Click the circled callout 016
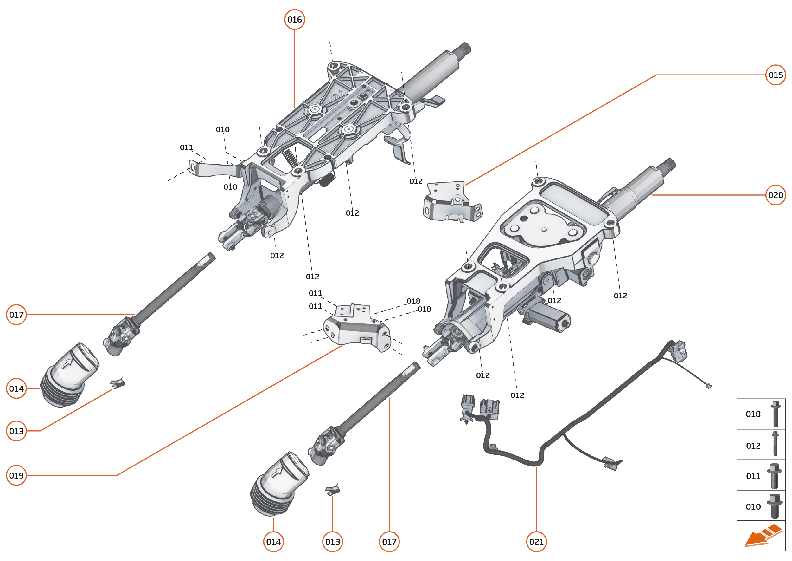(x=294, y=20)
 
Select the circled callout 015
(x=776, y=75)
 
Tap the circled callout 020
(x=776, y=195)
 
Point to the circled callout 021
(x=536, y=542)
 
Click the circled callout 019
(x=16, y=475)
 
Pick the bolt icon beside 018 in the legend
(x=776, y=414)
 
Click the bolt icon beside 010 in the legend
(x=775, y=506)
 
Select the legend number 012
(x=753, y=446)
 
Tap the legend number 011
(x=753, y=476)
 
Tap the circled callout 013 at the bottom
(x=332, y=542)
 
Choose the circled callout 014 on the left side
(x=16, y=388)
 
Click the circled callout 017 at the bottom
(x=389, y=542)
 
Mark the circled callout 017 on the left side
(x=16, y=315)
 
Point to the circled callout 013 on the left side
(x=16, y=431)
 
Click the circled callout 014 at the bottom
(x=273, y=542)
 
